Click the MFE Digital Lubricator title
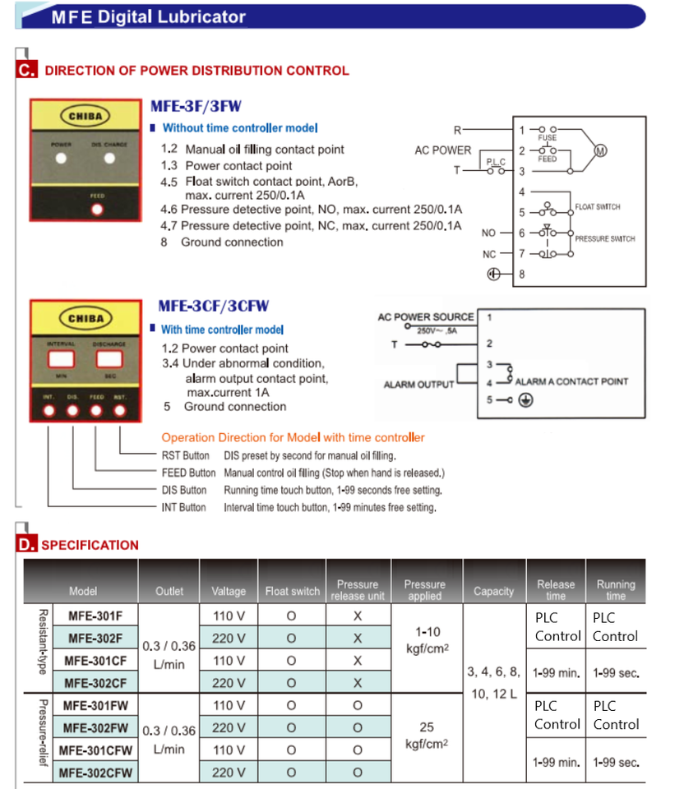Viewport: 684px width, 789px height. coord(148,16)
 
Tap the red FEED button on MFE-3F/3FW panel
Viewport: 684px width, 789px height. coord(98,209)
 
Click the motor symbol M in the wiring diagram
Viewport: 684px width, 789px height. coord(600,150)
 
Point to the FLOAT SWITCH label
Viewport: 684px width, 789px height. coord(598,207)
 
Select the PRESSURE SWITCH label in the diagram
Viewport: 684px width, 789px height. coord(605,238)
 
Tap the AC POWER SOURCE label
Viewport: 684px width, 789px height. coord(426,317)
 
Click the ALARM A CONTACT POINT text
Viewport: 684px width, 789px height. coord(571,381)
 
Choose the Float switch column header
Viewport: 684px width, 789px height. coord(293,591)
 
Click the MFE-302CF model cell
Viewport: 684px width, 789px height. coord(96,682)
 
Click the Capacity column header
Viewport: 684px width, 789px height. coord(494,591)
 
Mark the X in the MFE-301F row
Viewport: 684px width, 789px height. coord(358,615)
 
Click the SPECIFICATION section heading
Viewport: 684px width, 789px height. coord(90,545)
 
